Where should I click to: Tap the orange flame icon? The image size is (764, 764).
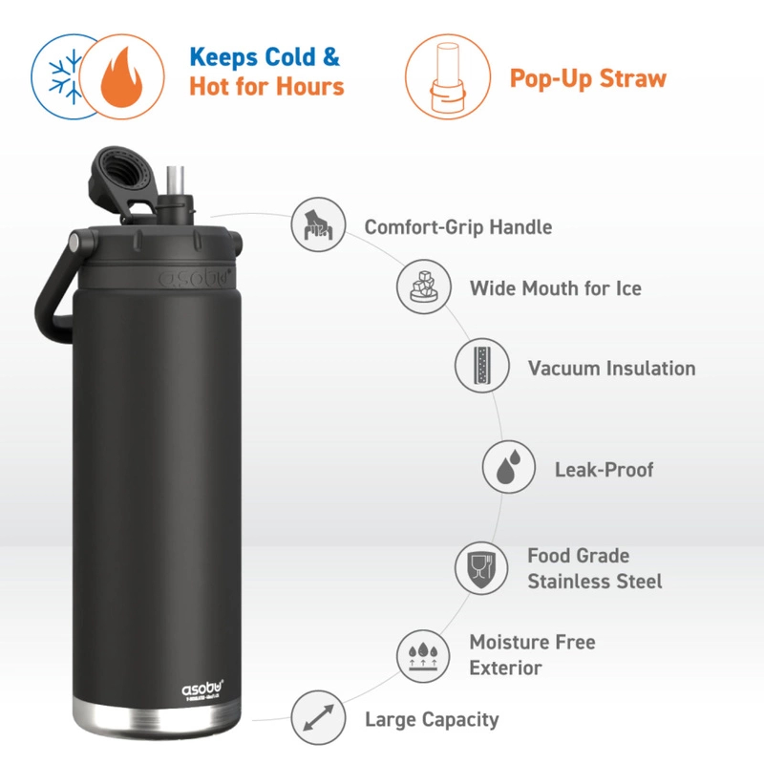click(x=119, y=76)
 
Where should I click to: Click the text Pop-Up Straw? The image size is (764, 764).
click(x=587, y=78)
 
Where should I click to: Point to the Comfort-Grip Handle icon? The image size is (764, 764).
click(x=317, y=225)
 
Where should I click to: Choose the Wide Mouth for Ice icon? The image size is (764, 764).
click(x=424, y=286)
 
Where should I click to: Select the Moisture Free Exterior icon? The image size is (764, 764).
click(x=423, y=654)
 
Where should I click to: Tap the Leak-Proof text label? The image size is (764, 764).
click(x=605, y=470)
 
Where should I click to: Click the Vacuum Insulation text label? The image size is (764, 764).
click(x=611, y=368)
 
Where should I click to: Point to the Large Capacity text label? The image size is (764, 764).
click(x=432, y=719)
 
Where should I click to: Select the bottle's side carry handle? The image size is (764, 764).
click(x=53, y=291)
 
